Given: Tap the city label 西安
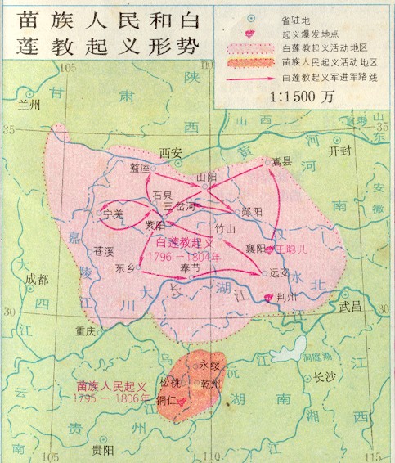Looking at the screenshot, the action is coord(170,152).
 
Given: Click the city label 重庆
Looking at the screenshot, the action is coord(86,331).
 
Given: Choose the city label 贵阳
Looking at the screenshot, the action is coord(101,450).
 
